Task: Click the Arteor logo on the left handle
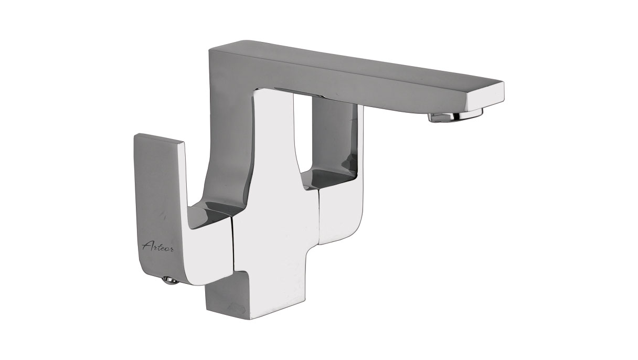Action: pos(158,246)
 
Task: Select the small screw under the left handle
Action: pos(171,281)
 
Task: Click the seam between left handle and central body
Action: pos(233,245)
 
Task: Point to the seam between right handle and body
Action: pos(320,216)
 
